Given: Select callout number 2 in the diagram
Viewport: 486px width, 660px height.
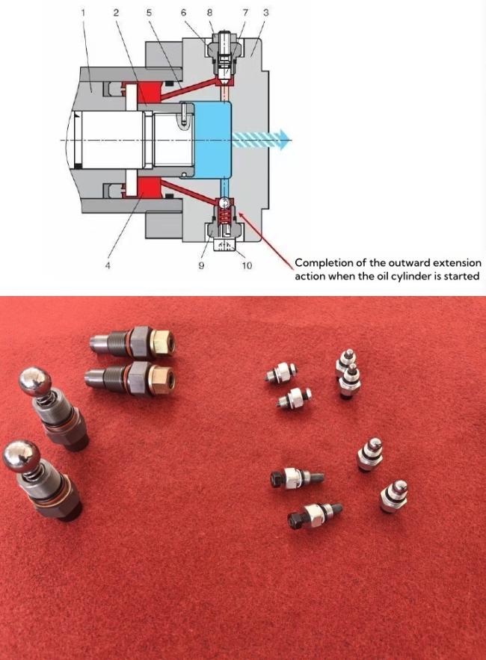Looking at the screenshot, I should [x=116, y=13].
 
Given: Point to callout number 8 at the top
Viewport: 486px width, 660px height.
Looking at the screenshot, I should [x=209, y=13].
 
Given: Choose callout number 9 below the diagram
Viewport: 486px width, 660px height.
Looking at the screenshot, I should [x=201, y=267].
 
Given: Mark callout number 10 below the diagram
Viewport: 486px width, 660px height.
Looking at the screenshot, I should [x=247, y=267].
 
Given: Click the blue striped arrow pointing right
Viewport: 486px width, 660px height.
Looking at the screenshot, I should [x=262, y=139].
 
